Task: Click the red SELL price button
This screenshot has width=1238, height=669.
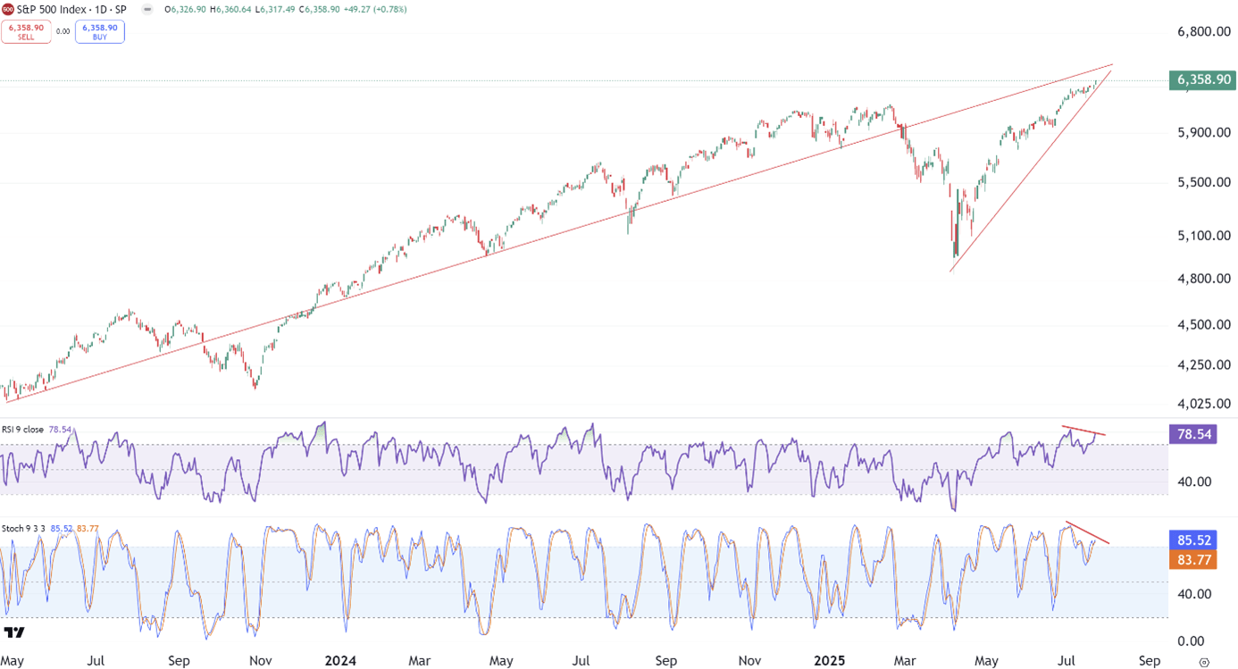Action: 26,32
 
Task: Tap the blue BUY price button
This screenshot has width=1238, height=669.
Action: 100,32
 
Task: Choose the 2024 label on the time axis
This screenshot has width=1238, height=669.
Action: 340,661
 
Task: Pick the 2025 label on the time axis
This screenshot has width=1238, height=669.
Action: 830,661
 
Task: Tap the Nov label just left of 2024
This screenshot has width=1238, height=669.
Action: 260,661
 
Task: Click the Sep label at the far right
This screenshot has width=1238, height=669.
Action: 1150,661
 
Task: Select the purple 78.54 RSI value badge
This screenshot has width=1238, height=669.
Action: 1192,434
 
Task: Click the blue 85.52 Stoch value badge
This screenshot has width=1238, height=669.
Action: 1192,540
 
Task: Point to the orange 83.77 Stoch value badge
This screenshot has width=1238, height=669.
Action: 1192,560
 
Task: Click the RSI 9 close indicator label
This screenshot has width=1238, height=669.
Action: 22,430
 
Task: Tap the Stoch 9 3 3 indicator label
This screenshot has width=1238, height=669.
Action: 23,529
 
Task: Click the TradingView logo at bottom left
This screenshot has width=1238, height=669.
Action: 14,633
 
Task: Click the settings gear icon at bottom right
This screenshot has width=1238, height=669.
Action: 1204,662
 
